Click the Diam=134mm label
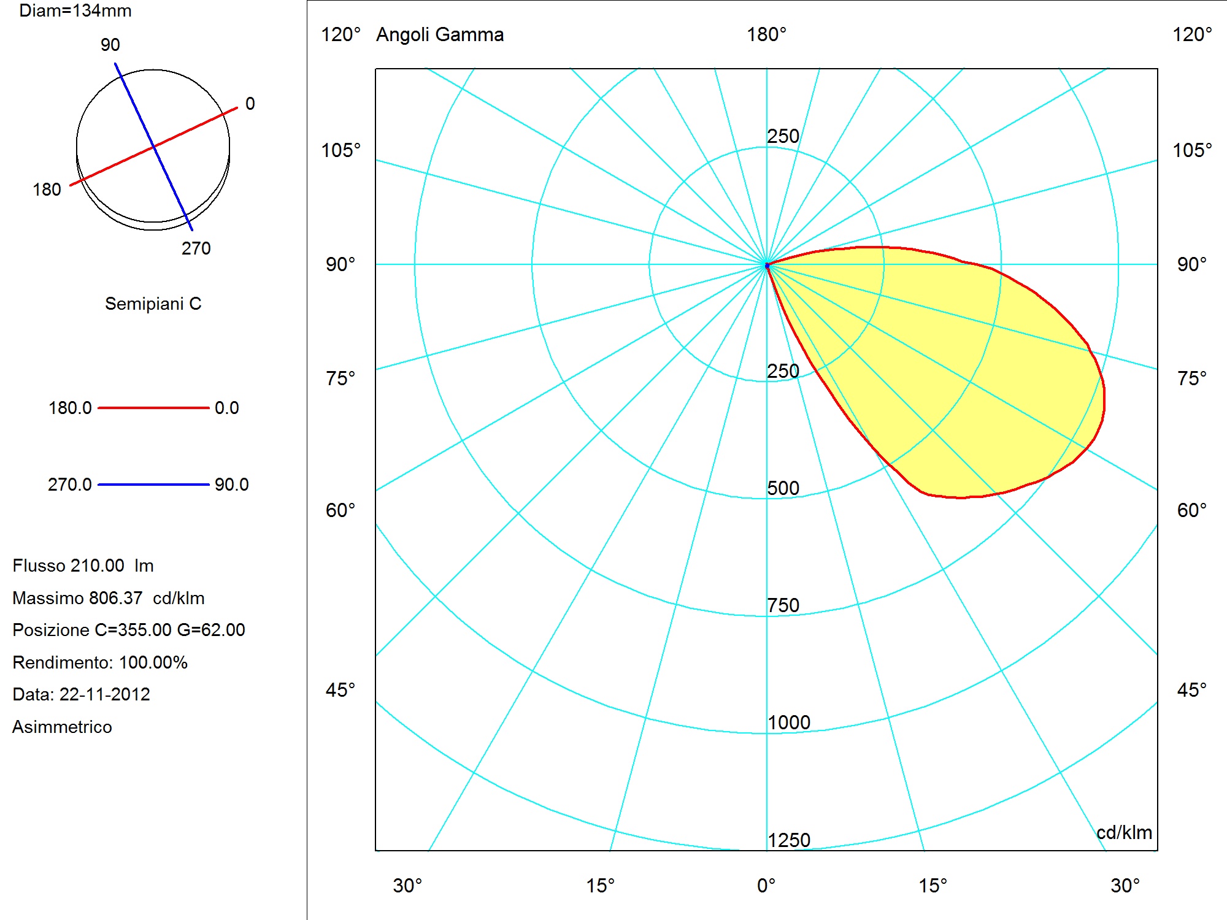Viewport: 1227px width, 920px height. (75, 11)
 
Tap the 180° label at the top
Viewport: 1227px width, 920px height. (766, 34)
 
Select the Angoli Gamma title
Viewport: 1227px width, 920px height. (440, 35)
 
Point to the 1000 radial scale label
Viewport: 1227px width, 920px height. (789, 723)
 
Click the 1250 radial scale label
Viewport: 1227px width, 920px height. (789, 840)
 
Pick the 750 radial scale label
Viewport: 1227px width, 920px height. (783, 605)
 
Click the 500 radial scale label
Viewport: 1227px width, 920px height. (783, 488)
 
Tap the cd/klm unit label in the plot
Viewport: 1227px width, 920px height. (1124, 832)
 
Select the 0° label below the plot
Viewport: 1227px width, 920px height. (766, 886)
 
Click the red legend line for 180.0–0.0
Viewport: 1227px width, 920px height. (153, 408)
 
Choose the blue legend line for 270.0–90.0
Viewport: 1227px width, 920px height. (153, 485)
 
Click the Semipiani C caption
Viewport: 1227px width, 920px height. (153, 304)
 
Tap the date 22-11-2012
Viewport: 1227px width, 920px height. (105, 694)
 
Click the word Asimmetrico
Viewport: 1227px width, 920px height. (62, 727)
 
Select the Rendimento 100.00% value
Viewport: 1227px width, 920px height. (153, 662)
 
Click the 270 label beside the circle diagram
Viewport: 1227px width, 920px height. (196, 248)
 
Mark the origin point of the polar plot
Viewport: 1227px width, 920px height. (767, 265)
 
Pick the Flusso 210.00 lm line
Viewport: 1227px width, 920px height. (83, 565)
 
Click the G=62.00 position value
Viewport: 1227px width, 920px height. (211, 630)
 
